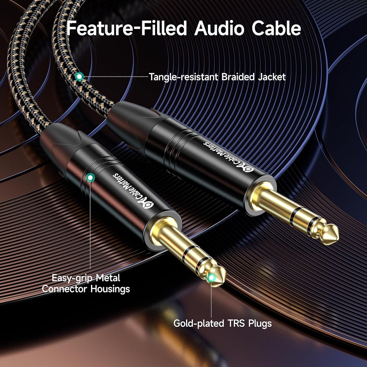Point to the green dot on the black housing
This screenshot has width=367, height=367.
tap(90, 178)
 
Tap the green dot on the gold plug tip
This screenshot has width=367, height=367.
tap(211, 278)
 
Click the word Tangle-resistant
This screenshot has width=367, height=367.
tap(184, 77)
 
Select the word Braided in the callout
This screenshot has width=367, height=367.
tap(238, 77)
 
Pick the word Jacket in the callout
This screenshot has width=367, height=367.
tap(272, 77)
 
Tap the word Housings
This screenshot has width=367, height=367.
tap(110, 289)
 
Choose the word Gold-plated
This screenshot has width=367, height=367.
tap(199, 324)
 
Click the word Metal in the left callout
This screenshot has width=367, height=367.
tap(108, 278)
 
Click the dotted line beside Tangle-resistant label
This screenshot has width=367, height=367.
tap(116, 77)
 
